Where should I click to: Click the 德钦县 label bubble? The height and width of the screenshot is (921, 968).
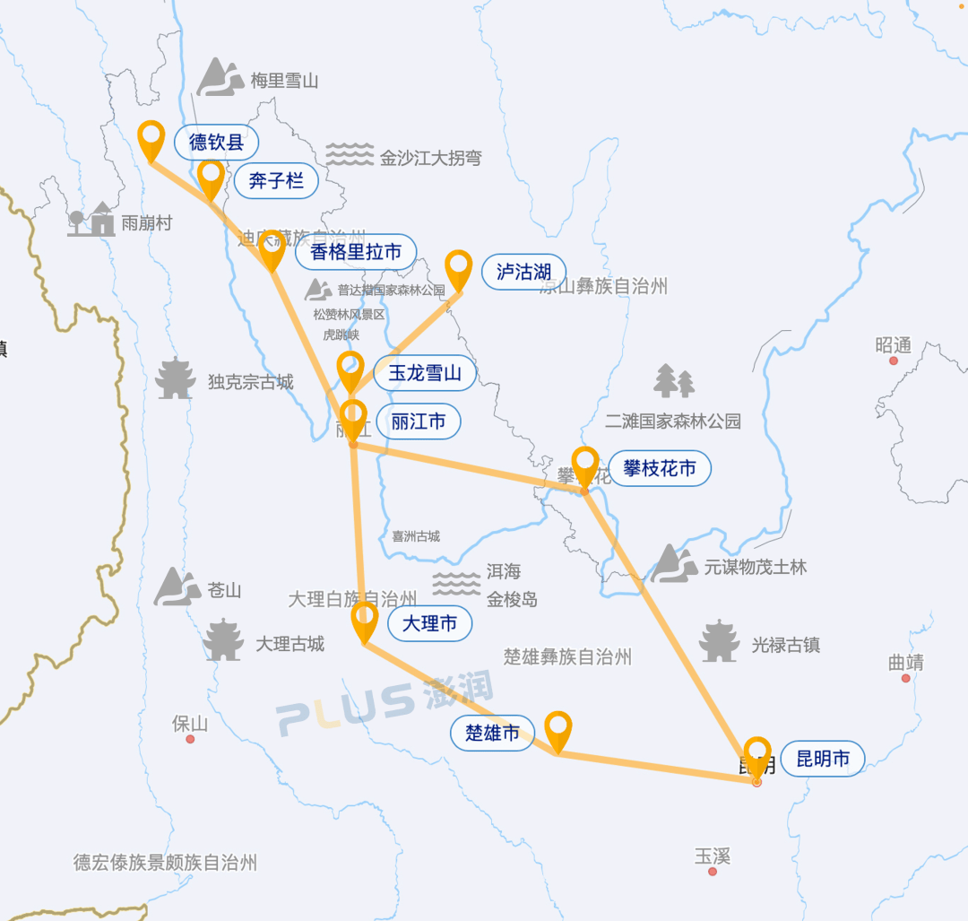[216, 143]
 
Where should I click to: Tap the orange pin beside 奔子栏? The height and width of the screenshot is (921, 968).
[212, 178]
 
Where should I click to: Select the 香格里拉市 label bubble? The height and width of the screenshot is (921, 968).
[355, 252]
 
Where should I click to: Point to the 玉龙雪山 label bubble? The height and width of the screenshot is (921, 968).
[425, 373]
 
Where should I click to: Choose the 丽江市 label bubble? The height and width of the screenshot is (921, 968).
[418, 421]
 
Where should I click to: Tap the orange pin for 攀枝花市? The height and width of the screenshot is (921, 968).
[585, 465]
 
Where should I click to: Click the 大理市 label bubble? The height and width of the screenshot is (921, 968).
[429, 623]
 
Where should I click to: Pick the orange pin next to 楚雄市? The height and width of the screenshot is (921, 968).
[557, 729]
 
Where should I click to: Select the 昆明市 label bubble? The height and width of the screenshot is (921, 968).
[823, 759]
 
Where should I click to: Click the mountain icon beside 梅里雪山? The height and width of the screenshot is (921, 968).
[220, 77]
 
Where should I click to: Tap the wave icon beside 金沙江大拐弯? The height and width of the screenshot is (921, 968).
[349, 155]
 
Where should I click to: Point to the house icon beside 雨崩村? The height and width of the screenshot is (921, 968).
[92, 220]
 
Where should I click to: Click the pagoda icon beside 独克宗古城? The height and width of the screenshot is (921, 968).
[176, 379]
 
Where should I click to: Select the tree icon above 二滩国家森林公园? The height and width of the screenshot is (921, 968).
[674, 381]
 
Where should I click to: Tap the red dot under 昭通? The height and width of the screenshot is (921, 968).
[893, 361]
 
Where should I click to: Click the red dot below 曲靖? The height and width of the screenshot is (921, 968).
[905, 679]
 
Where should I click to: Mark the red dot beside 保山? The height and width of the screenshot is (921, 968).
[190, 739]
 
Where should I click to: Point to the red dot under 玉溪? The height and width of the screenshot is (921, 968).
[713, 872]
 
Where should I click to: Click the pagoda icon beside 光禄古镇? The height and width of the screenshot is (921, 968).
[720, 641]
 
